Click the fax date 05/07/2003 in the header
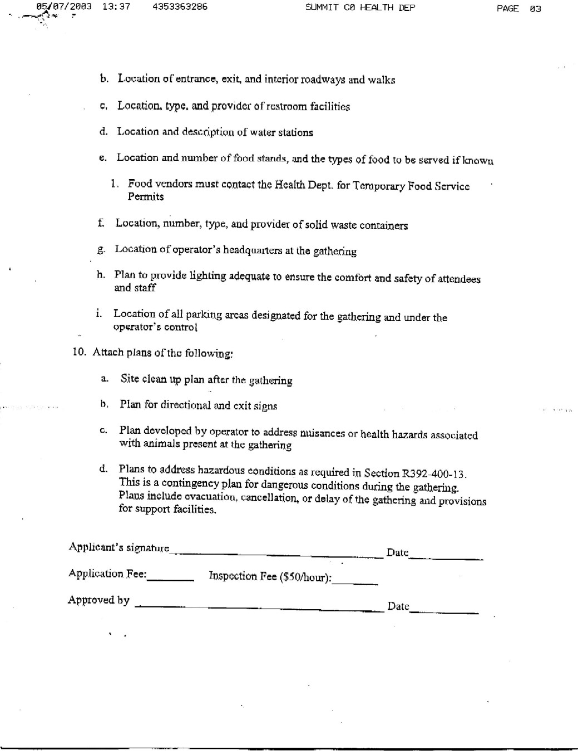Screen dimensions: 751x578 pyautogui.click(x=63, y=7)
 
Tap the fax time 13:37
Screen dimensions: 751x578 pyautogui.click(x=116, y=7)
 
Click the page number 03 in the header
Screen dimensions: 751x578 pyautogui.click(x=535, y=8)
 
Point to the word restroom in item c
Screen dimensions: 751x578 pyautogui.click(x=286, y=106)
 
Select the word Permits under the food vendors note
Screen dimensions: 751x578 pyautogui.click(x=146, y=197)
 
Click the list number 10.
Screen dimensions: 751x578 pyautogui.click(x=79, y=352)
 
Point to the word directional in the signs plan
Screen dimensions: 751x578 pyautogui.click(x=186, y=405)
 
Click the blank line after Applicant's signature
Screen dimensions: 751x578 pyautogui.click(x=276, y=554)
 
